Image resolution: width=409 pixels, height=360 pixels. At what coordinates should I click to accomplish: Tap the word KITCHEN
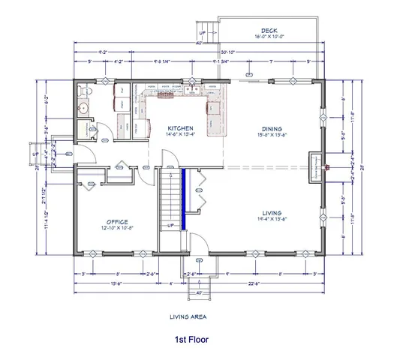click(x=181, y=127)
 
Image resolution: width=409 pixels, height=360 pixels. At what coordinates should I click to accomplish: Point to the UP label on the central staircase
click(x=170, y=225)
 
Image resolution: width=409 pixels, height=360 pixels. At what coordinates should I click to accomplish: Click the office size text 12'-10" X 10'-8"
click(x=116, y=227)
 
